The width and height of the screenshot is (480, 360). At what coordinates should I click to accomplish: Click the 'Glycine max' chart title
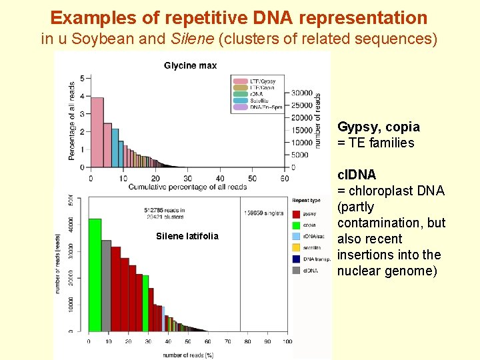point(190,65)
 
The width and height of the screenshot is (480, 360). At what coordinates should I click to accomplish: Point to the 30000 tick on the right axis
point(303,93)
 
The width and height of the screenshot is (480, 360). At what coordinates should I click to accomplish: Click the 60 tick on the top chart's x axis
point(285,179)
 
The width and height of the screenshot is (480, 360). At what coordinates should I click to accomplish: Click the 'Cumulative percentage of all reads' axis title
point(187,187)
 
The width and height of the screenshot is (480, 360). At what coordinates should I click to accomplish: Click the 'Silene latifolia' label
point(187,236)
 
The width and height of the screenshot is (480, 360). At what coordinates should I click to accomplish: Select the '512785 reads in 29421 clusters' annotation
point(165,213)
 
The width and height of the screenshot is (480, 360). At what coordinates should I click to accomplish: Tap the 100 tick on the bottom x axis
point(287,341)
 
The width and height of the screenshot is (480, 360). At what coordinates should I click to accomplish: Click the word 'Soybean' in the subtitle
point(102,39)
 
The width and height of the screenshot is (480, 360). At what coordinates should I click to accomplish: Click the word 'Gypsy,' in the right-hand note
point(359,127)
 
